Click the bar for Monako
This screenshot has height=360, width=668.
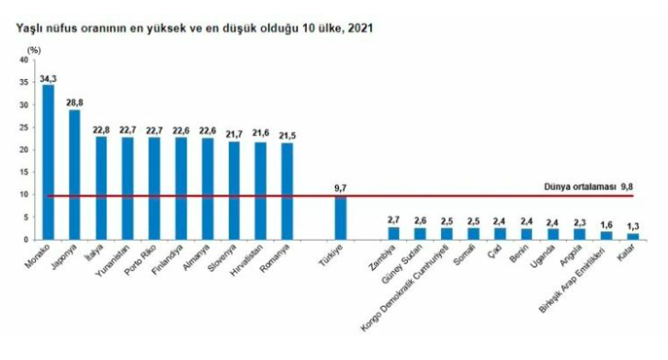tap(48, 163)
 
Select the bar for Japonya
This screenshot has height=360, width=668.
tap(74, 174)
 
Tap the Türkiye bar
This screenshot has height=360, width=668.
tap(340, 218)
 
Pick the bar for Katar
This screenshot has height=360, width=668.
tap(633, 237)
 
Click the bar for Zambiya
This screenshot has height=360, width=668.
tap(393, 233)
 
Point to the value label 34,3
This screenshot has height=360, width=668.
tap(48, 79)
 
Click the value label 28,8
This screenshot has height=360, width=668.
tap(74, 104)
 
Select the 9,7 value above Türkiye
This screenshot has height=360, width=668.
tap(340, 188)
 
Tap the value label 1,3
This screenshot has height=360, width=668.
tap(633, 226)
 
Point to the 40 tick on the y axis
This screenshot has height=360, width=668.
tap(24, 60)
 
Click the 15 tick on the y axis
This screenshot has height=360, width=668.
tap(24, 172)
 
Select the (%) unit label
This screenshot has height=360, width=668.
tap(34, 51)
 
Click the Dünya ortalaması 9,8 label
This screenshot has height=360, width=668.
tap(588, 187)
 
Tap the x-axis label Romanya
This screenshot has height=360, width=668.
tap(276, 257)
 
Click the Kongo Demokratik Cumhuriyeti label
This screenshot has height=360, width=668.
tap(404, 287)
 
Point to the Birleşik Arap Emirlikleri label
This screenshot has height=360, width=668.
tap(572, 278)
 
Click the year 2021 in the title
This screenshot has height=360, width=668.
tap(360, 28)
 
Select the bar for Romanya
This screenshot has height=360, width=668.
tap(287, 191)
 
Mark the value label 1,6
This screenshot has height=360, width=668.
tap(606, 225)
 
